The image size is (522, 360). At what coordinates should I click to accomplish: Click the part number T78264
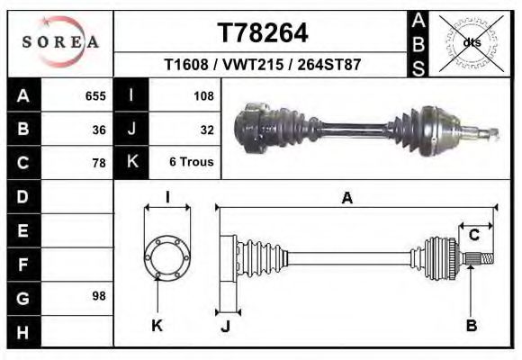point(263,33)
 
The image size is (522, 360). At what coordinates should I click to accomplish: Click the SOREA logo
point(60,41)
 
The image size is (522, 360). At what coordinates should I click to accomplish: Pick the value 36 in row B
point(99,130)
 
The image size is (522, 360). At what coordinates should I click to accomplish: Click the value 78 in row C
point(99,163)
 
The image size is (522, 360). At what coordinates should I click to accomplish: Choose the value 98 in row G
point(99,296)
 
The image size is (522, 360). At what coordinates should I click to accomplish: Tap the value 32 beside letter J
point(206,130)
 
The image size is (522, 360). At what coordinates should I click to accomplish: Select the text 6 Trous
point(192,163)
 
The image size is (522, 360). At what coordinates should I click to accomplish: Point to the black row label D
point(22,196)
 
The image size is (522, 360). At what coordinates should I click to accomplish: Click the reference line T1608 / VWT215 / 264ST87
point(263,65)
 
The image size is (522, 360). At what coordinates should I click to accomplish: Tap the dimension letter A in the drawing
point(346,199)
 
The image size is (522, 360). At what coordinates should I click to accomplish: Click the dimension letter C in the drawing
point(473,236)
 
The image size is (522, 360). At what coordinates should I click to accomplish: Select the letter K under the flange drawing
point(157,326)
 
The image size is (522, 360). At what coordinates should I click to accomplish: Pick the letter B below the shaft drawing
point(471,326)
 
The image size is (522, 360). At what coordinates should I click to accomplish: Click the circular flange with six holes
point(166,258)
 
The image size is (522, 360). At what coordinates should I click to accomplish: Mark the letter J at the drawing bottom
point(227,326)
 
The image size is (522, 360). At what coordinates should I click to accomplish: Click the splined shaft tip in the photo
point(490,134)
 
